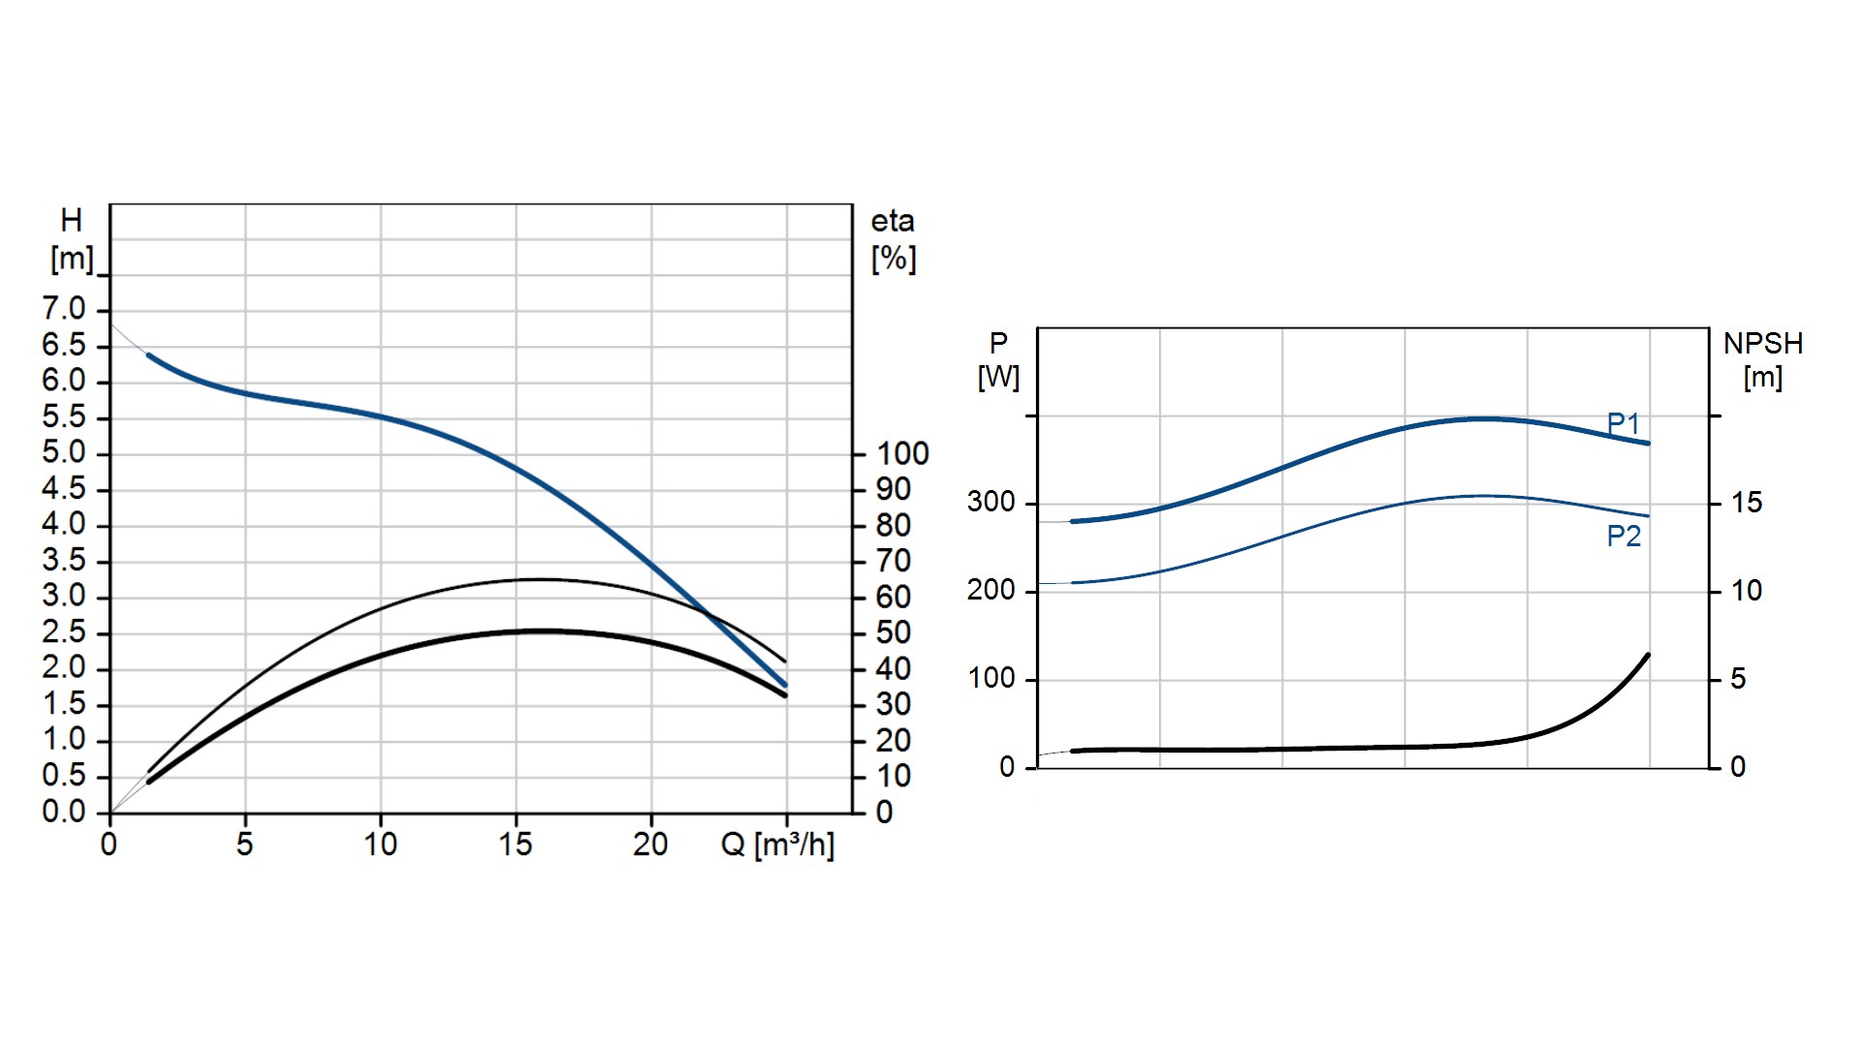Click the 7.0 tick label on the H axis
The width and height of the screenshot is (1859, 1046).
(64, 309)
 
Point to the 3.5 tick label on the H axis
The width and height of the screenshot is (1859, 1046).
(64, 561)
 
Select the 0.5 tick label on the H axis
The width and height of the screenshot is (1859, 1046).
(64, 776)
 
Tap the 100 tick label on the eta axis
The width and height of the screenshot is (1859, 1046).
(902, 453)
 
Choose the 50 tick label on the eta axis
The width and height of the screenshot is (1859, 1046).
(894, 632)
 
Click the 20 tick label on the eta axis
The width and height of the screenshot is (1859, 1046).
(894, 740)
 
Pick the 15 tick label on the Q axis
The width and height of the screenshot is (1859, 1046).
(515, 845)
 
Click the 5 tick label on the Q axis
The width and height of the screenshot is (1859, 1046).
(245, 845)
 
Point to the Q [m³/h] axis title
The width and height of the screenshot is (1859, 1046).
(777, 845)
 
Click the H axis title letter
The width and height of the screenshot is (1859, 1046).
(72, 221)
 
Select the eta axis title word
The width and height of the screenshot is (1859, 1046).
(892, 222)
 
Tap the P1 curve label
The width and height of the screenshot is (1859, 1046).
(1624, 423)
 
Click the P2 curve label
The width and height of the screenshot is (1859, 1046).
(1624, 536)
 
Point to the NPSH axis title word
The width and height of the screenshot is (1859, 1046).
(1763, 344)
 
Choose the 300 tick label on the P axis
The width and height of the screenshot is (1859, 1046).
(991, 502)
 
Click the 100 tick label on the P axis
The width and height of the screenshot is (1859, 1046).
(991, 678)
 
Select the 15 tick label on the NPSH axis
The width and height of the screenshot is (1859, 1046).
(1747, 503)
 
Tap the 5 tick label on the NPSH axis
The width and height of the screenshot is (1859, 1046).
(1738, 679)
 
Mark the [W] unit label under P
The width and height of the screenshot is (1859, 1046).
(998, 377)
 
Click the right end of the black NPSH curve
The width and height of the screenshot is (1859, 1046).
(1647, 656)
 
